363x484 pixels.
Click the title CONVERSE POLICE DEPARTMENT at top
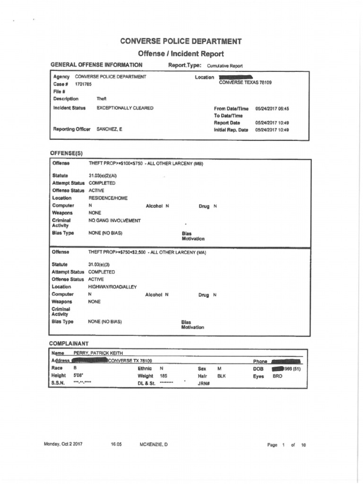[181, 41]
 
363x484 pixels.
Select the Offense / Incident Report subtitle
[181, 54]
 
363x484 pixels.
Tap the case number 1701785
[83, 84]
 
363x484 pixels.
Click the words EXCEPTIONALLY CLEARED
[125, 108]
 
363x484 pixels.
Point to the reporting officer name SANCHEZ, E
[109, 129]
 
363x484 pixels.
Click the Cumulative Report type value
[225, 66]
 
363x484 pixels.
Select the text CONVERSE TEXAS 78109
[245, 82]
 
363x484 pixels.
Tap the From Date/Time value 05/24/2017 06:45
[272, 108]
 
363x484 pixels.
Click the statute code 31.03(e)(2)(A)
[103, 175]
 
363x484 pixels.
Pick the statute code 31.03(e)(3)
[99, 265]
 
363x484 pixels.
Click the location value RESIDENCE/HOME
[108, 198]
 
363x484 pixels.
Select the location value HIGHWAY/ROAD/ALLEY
[112, 287]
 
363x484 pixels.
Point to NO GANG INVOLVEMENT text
[114, 221]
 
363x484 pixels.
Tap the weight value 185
[164, 375]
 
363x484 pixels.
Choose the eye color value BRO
[277, 376]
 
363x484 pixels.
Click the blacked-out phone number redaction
[287, 361]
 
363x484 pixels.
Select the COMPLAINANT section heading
[69, 343]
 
